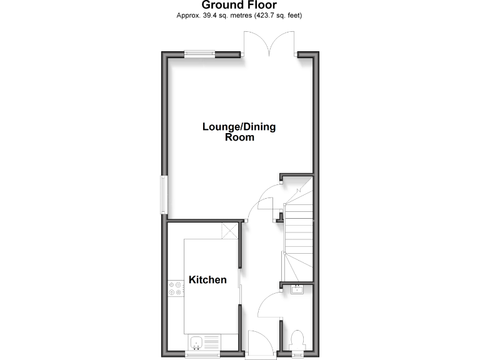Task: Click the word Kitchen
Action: (x=207, y=279)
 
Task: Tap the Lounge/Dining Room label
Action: (x=239, y=132)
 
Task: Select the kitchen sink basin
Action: (x=196, y=342)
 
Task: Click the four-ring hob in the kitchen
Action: (x=175, y=288)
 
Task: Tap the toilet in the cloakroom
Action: (x=298, y=340)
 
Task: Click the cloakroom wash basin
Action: (x=297, y=289)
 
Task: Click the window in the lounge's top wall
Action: (x=199, y=54)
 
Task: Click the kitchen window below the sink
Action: (x=202, y=354)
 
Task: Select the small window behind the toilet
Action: (x=298, y=354)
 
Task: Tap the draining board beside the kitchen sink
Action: (x=211, y=342)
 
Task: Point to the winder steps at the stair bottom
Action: (x=296, y=266)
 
